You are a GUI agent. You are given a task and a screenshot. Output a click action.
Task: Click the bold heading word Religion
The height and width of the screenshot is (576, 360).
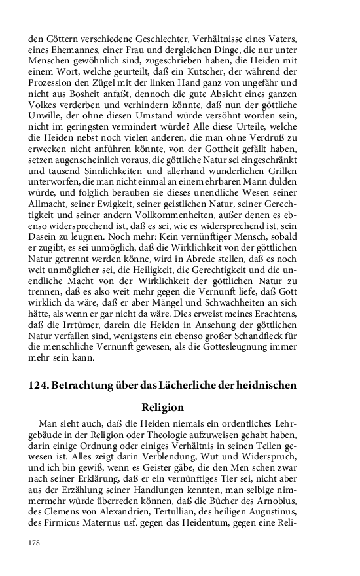[162, 407]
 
